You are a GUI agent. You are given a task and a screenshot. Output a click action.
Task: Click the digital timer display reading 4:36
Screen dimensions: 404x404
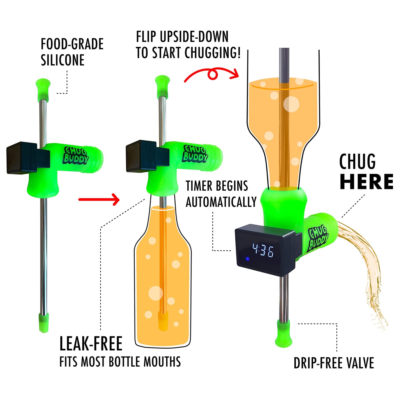(263, 250)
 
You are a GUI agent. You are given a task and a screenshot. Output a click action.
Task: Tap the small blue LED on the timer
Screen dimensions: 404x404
(247, 259)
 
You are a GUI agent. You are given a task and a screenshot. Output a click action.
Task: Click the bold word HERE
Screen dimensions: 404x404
(367, 182)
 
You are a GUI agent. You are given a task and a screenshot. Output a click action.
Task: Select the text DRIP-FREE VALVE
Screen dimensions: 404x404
(334, 363)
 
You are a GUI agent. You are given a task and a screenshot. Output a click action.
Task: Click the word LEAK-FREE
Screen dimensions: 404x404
(91, 344)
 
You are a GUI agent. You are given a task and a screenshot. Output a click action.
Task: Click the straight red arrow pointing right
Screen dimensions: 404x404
(99, 199)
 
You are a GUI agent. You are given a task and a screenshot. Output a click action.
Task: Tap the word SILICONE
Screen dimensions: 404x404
(63, 60)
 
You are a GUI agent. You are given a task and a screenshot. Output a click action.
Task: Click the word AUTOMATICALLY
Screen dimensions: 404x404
(221, 202)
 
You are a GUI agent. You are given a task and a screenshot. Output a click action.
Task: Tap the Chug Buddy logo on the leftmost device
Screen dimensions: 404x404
(76, 155)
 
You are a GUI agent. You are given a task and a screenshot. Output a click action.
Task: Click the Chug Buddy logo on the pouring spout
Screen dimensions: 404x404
(318, 238)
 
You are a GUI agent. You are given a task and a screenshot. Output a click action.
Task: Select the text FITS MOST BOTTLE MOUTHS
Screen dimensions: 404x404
(120, 362)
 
